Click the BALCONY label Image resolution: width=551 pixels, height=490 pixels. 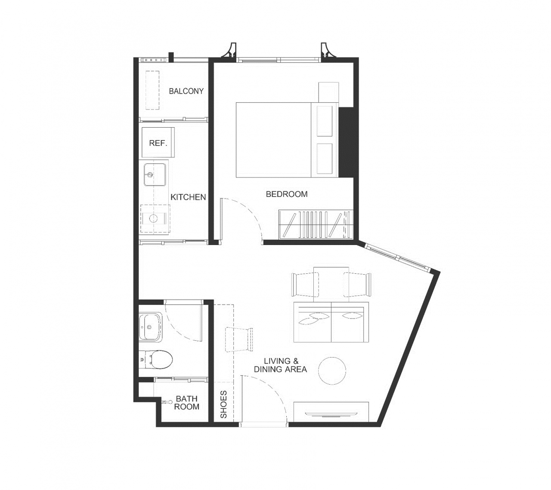[x=186, y=91]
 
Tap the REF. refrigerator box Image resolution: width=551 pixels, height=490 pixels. [x=158, y=142]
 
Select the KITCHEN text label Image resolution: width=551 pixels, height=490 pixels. [x=188, y=197]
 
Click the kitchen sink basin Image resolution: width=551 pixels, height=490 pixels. [x=155, y=175]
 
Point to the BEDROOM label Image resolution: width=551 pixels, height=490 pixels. [x=287, y=194]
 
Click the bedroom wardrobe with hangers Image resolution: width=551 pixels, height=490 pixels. [x=316, y=225]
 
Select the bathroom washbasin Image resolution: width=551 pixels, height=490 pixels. [x=150, y=327]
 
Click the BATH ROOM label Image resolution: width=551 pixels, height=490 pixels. [x=186, y=403]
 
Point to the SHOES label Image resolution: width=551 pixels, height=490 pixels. [x=223, y=404]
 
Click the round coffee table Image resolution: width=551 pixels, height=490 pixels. [x=332, y=371]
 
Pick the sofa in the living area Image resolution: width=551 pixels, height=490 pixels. [x=331, y=322]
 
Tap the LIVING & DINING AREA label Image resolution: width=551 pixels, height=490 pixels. [x=280, y=365]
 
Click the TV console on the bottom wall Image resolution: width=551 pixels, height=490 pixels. [x=331, y=412]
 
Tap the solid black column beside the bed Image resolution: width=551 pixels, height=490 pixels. [x=347, y=142]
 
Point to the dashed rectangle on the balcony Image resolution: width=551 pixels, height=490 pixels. [x=152, y=90]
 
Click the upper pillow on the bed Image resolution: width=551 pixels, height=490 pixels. [x=325, y=121]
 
